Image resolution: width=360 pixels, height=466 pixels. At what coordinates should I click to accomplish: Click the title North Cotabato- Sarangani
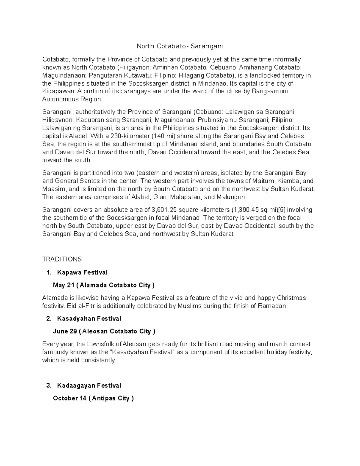[180, 46]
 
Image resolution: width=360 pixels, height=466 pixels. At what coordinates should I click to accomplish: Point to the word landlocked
[261, 75]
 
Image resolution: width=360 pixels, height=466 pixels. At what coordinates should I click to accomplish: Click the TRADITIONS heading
[62, 259]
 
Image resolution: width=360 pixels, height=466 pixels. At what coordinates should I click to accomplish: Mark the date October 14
[70, 398]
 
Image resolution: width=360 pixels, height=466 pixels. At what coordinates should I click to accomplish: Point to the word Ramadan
[274, 306]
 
